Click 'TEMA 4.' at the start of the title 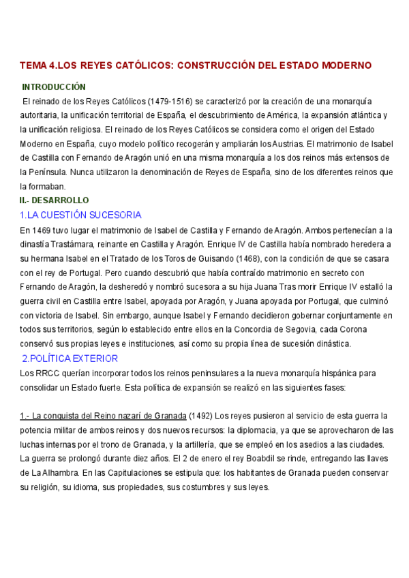(x=37, y=65)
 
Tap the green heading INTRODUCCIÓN (x=54, y=87)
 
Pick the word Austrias (x=286, y=144)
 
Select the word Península (x=48, y=172)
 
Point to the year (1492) (x=200, y=416)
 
